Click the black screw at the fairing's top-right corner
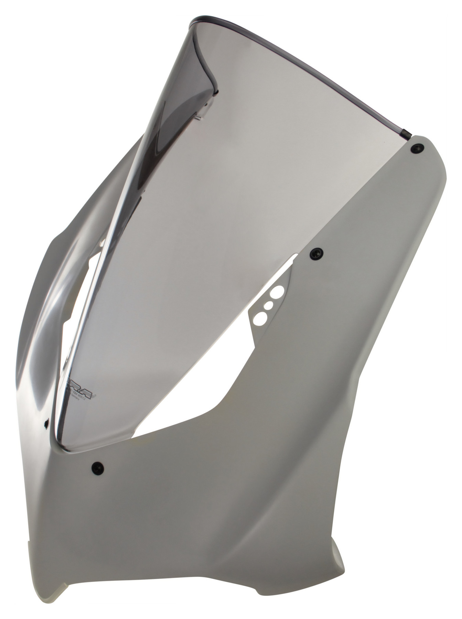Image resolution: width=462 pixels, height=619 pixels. coord(418,148)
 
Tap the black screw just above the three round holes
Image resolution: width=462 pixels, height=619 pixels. coord(316,253)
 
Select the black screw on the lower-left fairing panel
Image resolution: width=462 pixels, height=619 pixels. coord(97,467)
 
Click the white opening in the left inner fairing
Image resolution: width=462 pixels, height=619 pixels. coord(84,289)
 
